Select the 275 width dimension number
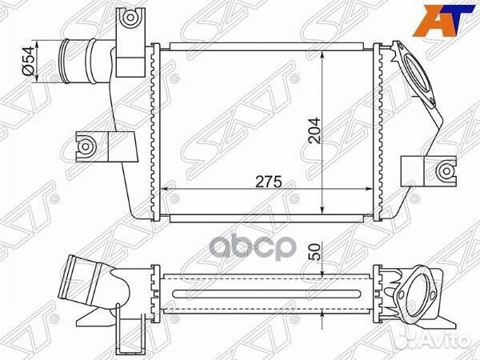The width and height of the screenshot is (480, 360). pos(268,182)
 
